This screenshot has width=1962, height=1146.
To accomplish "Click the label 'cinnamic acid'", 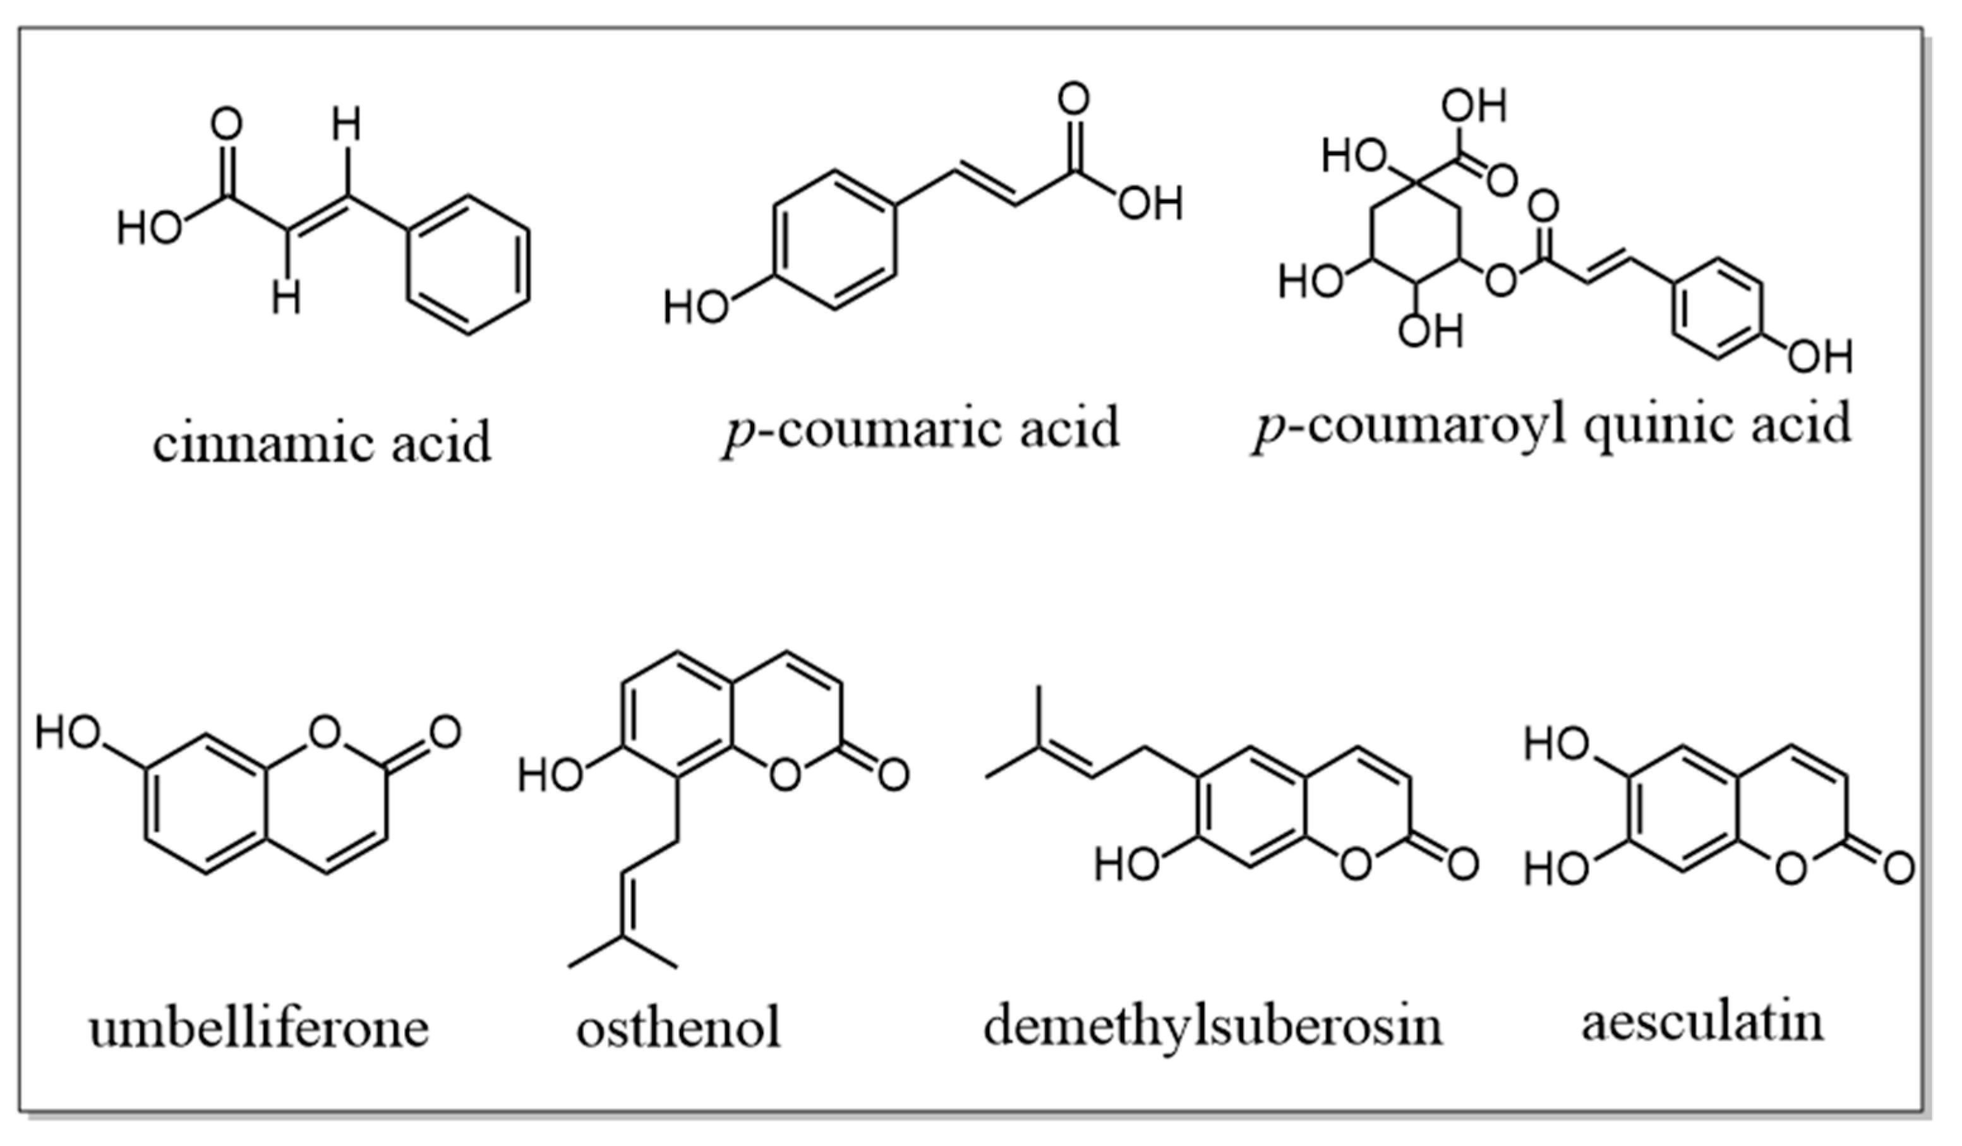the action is click(x=322, y=442).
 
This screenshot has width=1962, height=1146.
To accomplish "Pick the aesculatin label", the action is click(x=1703, y=1022).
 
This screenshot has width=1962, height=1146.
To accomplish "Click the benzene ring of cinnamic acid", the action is click(x=469, y=265).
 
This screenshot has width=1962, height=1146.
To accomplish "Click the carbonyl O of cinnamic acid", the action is click(x=227, y=124).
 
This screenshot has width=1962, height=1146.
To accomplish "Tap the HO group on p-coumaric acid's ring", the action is click(x=695, y=308).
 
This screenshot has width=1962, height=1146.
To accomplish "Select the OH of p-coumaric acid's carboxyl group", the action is click(x=1151, y=204).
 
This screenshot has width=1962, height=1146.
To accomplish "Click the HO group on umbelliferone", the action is click(x=68, y=733).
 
